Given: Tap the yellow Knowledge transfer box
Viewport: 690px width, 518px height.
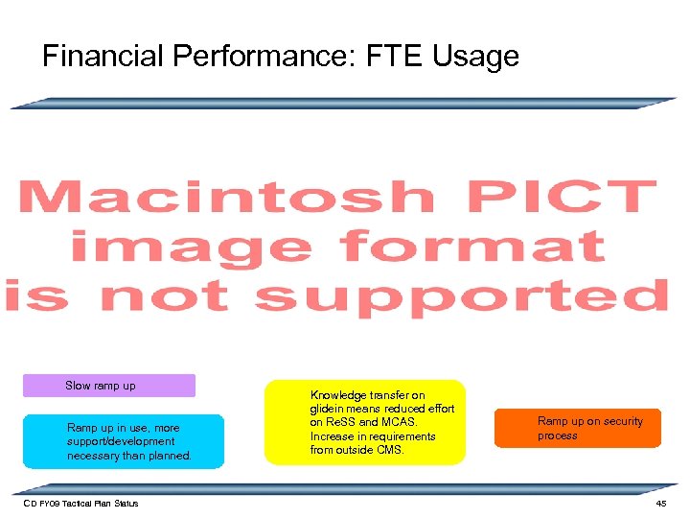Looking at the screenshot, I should point(364,422).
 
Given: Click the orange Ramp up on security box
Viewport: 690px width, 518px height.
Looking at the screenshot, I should point(577,429).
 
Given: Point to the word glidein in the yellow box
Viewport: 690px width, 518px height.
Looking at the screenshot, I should point(331,408).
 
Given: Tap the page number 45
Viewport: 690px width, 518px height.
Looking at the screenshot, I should point(660,504).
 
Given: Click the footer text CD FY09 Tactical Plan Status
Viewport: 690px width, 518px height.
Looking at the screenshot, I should point(80,504).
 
